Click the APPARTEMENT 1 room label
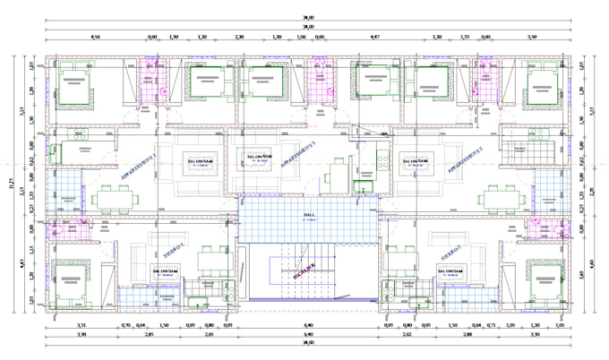[139, 167]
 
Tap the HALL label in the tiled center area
[309, 216]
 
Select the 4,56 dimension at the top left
[96, 39]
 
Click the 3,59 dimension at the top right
[531, 39]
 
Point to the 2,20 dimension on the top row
[239, 39]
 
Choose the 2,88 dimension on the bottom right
[466, 334]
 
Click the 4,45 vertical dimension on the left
[22, 262]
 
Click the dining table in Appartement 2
[494, 199]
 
